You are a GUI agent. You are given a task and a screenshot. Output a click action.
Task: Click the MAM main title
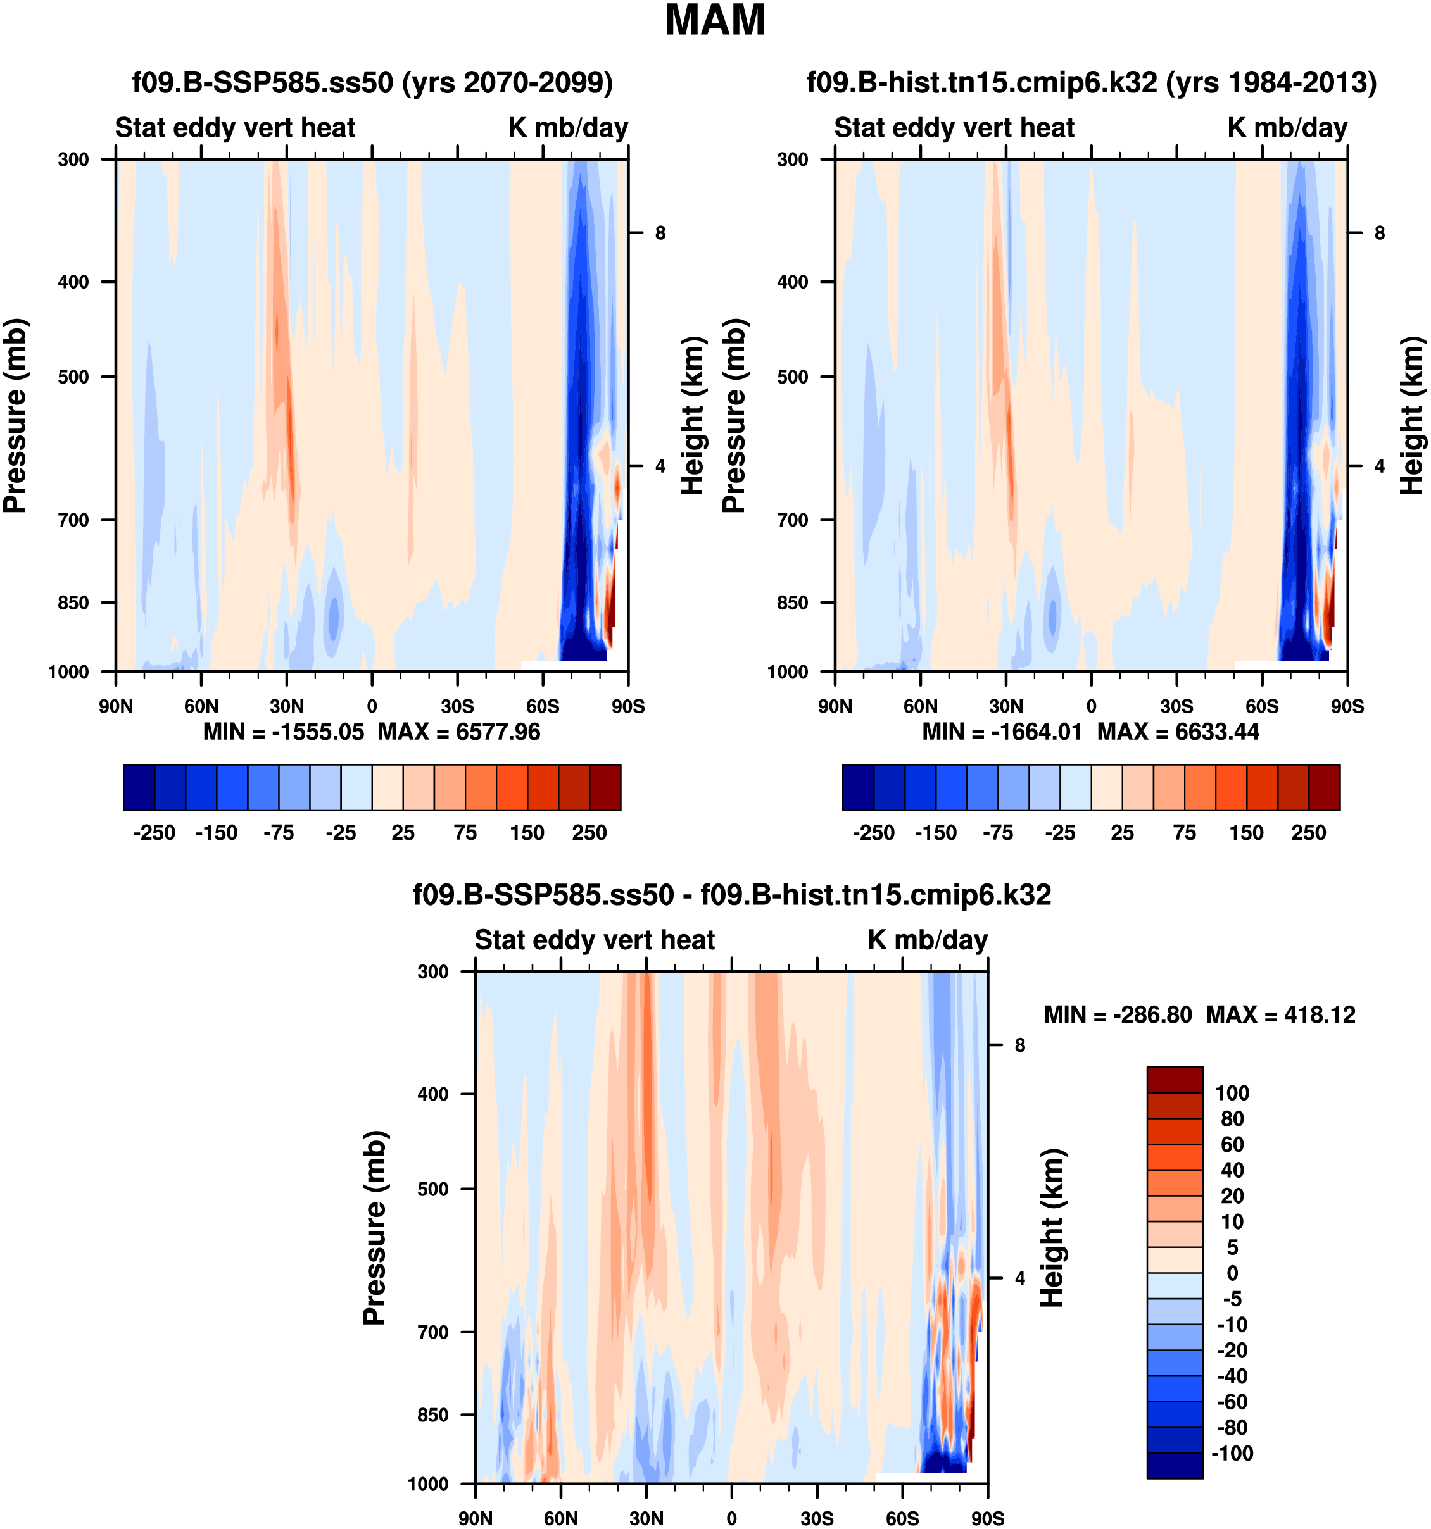(x=715, y=21)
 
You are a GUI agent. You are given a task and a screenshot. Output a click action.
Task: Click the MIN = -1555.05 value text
(x=283, y=732)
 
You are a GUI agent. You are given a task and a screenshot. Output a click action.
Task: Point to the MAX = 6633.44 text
(x=1178, y=732)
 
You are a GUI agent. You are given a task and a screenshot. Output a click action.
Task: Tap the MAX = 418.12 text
(x=1280, y=1014)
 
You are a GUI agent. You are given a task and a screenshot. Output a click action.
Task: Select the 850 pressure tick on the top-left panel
(x=74, y=603)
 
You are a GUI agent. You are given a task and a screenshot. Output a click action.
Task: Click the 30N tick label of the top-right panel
(x=1005, y=706)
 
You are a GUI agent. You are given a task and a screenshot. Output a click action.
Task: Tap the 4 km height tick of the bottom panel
(x=1019, y=1278)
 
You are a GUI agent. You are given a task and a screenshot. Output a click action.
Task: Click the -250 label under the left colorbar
(x=154, y=833)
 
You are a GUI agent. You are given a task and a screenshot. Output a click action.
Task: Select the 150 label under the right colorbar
(x=1245, y=833)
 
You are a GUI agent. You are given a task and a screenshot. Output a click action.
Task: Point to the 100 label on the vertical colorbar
(x=1232, y=1093)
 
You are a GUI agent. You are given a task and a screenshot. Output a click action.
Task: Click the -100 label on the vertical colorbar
(x=1232, y=1454)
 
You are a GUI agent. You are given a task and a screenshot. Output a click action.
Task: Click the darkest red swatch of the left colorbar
(x=605, y=787)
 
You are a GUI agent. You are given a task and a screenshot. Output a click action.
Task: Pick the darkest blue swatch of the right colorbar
(x=858, y=787)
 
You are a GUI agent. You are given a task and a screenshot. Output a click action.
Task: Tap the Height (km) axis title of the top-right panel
(x=1411, y=415)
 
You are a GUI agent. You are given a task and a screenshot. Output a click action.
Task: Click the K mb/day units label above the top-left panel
(x=568, y=128)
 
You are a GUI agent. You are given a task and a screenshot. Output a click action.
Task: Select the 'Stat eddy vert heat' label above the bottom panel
(x=594, y=940)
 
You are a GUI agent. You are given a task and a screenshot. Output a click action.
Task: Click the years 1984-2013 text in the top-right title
(x=1271, y=82)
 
